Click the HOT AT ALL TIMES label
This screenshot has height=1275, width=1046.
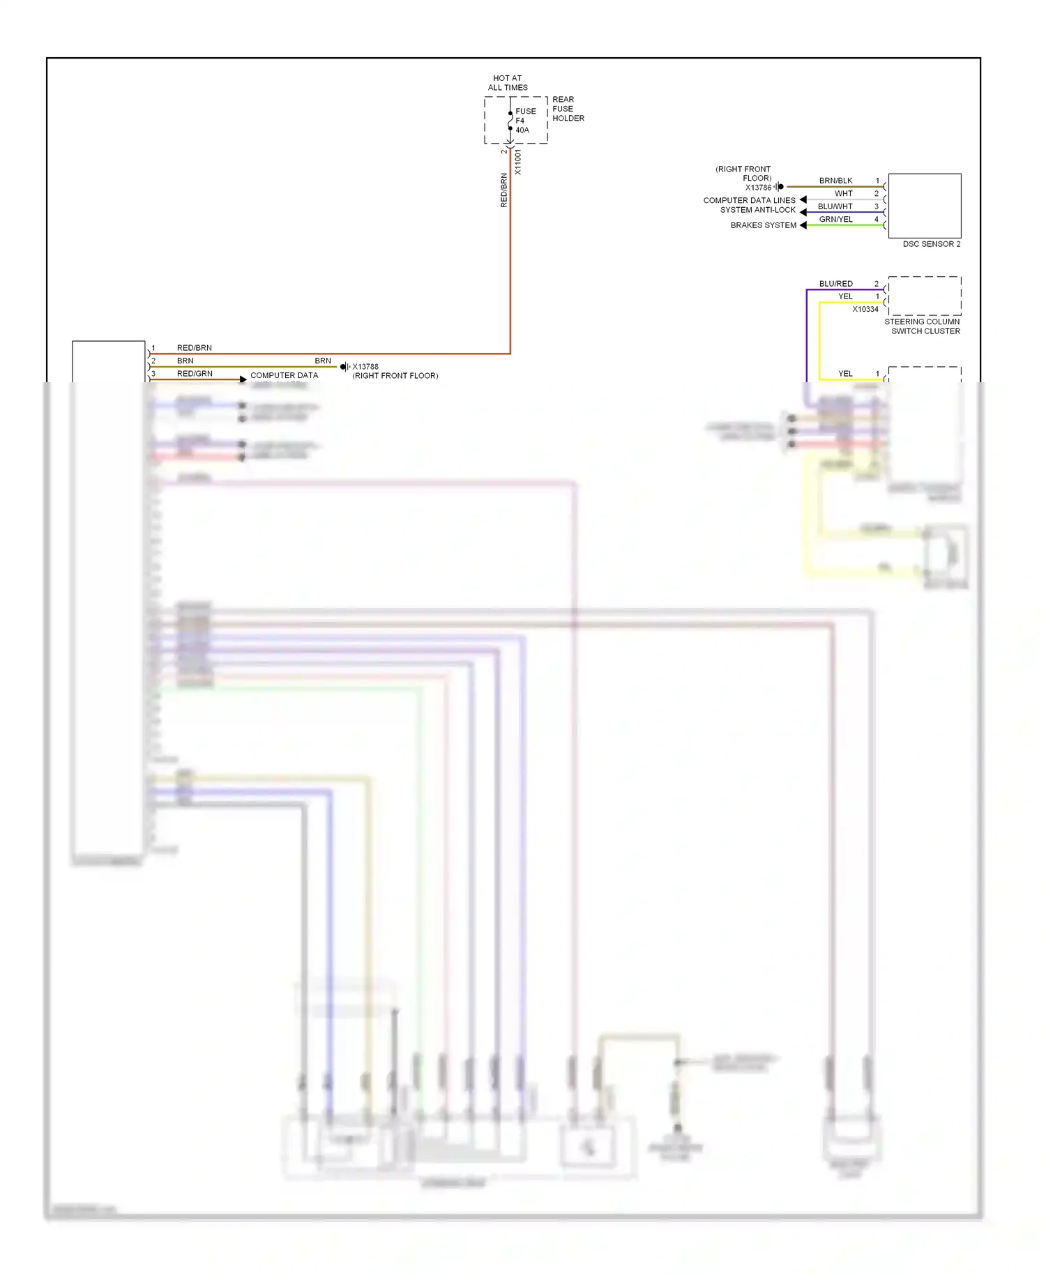point(508,83)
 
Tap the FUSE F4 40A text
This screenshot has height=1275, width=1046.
point(525,121)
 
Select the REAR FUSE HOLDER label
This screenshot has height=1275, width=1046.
point(568,109)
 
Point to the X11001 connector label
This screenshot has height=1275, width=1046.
point(518,162)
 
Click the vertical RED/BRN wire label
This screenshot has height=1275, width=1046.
point(503,190)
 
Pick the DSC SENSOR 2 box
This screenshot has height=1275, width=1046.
point(925,206)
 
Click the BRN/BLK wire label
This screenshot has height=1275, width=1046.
point(835,181)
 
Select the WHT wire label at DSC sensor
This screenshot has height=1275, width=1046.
point(844,194)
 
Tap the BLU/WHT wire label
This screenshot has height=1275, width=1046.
point(835,206)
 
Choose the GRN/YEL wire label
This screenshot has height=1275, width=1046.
point(835,219)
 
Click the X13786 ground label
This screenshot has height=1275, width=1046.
point(758,188)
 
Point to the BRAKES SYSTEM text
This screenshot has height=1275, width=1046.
point(763,225)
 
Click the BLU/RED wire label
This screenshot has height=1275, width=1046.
point(835,284)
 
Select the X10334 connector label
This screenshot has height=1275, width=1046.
point(865,309)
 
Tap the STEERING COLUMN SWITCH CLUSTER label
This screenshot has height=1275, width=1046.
point(923,326)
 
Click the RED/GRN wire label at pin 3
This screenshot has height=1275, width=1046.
point(195,374)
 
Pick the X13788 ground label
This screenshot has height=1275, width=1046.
point(365,366)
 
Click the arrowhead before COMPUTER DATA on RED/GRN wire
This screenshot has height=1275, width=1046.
point(243,379)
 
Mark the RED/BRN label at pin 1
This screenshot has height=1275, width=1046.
point(194,348)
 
